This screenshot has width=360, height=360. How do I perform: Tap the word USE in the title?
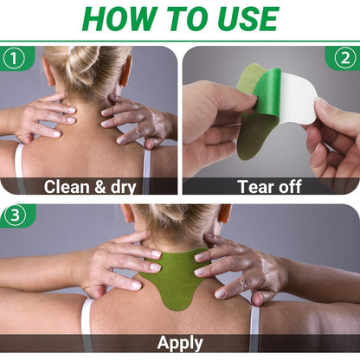pos(247,19)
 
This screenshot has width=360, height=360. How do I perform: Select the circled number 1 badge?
pos(13,58)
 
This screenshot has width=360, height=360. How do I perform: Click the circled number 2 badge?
pos(345,58)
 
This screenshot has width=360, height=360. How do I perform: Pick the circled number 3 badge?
pos(15,215)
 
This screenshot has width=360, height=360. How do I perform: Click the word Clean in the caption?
pos(67,187)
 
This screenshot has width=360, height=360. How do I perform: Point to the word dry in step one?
pos(124,188)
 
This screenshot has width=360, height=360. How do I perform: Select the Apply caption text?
pos(180,344)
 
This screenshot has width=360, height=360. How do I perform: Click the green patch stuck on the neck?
pos(176,277)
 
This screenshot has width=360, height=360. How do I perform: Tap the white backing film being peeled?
pos(297,98)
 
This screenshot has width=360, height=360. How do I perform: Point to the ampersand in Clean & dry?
pos(100,187)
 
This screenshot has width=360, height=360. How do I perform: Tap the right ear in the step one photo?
pos(125,71)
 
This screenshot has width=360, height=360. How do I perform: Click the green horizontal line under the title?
pos(180,42)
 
